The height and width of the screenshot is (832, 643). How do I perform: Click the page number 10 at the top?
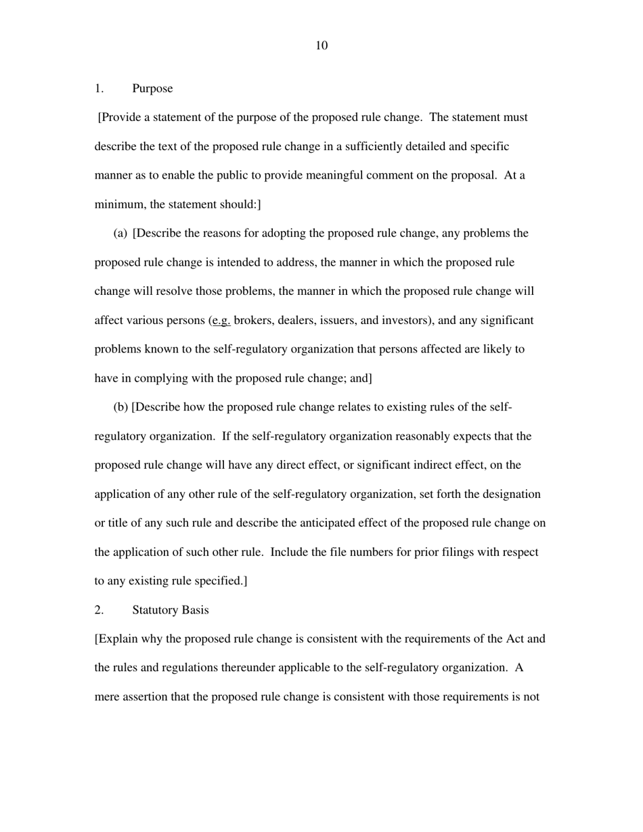click(321, 45)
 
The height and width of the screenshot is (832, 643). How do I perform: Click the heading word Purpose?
click(152, 89)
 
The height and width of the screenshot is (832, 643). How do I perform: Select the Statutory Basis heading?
click(171, 610)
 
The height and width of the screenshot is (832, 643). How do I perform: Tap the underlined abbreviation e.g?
click(221, 321)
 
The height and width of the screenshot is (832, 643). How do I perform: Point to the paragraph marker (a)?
click(120, 233)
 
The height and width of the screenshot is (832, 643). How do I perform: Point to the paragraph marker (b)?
click(120, 407)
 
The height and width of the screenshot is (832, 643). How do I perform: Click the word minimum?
click(117, 204)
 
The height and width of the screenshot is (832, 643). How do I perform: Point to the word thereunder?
click(248, 668)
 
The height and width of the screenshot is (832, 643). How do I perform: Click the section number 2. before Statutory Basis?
click(99, 610)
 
